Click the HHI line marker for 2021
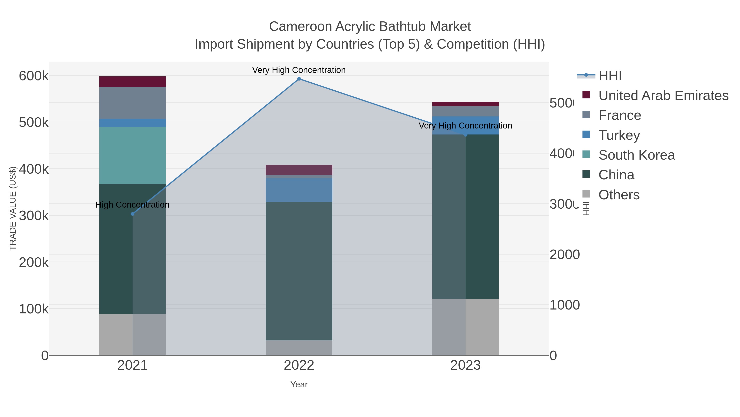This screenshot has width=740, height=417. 132,214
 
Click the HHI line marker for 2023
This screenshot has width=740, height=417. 465,135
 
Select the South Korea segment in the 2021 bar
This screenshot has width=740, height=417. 132,155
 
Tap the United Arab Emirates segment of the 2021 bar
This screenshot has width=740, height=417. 132,82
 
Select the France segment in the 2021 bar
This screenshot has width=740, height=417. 132,103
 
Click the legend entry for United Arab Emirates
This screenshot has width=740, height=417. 663,96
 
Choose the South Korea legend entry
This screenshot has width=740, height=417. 636,155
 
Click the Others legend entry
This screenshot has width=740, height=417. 619,195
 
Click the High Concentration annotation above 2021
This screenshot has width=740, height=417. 132,205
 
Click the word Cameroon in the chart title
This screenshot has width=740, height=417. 300,27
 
